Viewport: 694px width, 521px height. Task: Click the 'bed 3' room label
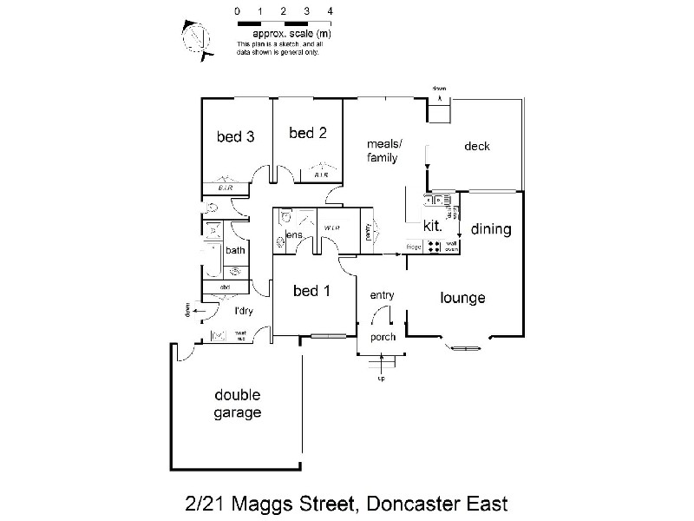tap(235, 135)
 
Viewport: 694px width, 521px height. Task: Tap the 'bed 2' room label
tap(308, 133)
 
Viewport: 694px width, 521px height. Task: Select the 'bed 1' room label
tap(311, 291)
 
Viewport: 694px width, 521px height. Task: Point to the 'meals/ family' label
tap(383, 151)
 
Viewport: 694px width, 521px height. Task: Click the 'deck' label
tap(477, 146)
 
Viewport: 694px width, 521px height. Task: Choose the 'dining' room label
tap(491, 230)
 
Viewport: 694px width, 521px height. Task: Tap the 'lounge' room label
tap(462, 298)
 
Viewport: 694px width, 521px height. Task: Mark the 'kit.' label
tap(434, 226)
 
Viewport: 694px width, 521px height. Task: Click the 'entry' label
tap(383, 295)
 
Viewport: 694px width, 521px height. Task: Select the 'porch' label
tap(383, 337)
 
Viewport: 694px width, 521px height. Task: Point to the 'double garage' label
tap(238, 404)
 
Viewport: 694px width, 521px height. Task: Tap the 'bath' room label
tap(236, 251)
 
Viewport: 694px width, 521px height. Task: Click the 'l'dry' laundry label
tap(243, 311)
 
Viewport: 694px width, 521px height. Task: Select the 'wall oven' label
tap(451, 247)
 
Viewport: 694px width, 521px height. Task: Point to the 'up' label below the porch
tap(380, 379)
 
